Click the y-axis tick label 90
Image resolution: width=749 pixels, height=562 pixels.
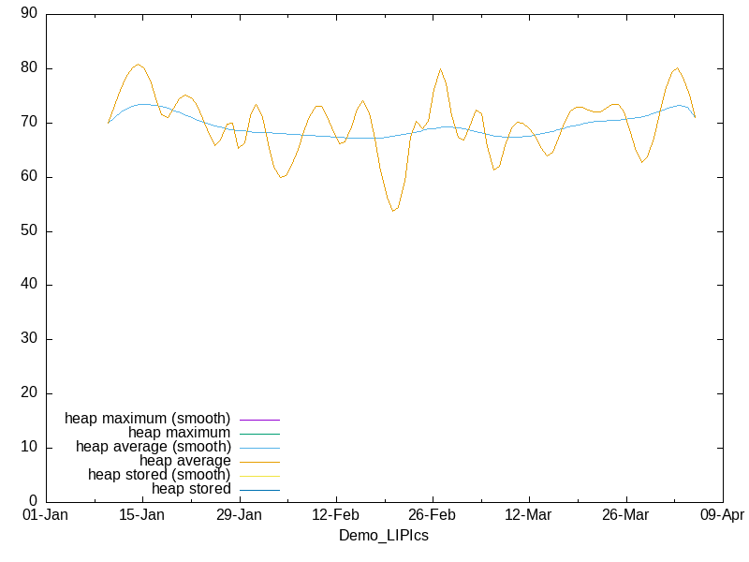[29, 14]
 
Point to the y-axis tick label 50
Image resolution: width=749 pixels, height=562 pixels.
[29, 231]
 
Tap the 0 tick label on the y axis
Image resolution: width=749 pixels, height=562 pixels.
[33, 501]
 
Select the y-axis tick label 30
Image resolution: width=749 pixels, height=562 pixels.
[29, 339]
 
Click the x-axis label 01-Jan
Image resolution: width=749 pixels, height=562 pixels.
[45, 515]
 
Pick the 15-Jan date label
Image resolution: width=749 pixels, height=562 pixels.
[141, 515]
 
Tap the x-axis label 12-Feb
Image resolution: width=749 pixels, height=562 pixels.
[335, 515]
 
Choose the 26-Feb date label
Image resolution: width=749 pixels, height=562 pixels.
[432, 515]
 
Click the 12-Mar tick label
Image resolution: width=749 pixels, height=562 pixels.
[528, 515]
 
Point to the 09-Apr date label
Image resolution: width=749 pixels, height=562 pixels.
[722, 515]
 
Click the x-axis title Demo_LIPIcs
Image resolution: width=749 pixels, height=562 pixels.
[383, 535]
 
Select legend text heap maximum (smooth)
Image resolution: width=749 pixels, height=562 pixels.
[147, 418]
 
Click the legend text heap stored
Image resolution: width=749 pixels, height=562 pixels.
[191, 489]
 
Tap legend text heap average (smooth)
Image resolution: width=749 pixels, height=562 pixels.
[153, 447]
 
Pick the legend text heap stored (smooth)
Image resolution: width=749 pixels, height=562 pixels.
[159, 475]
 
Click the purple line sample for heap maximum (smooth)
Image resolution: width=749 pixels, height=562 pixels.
[259, 419]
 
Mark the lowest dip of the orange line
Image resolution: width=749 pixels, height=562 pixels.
[394, 211]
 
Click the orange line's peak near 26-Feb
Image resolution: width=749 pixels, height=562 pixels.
[440, 68]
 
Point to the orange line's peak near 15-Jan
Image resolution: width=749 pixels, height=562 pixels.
[139, 65]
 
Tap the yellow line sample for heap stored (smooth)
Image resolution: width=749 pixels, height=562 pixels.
[259, 476]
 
